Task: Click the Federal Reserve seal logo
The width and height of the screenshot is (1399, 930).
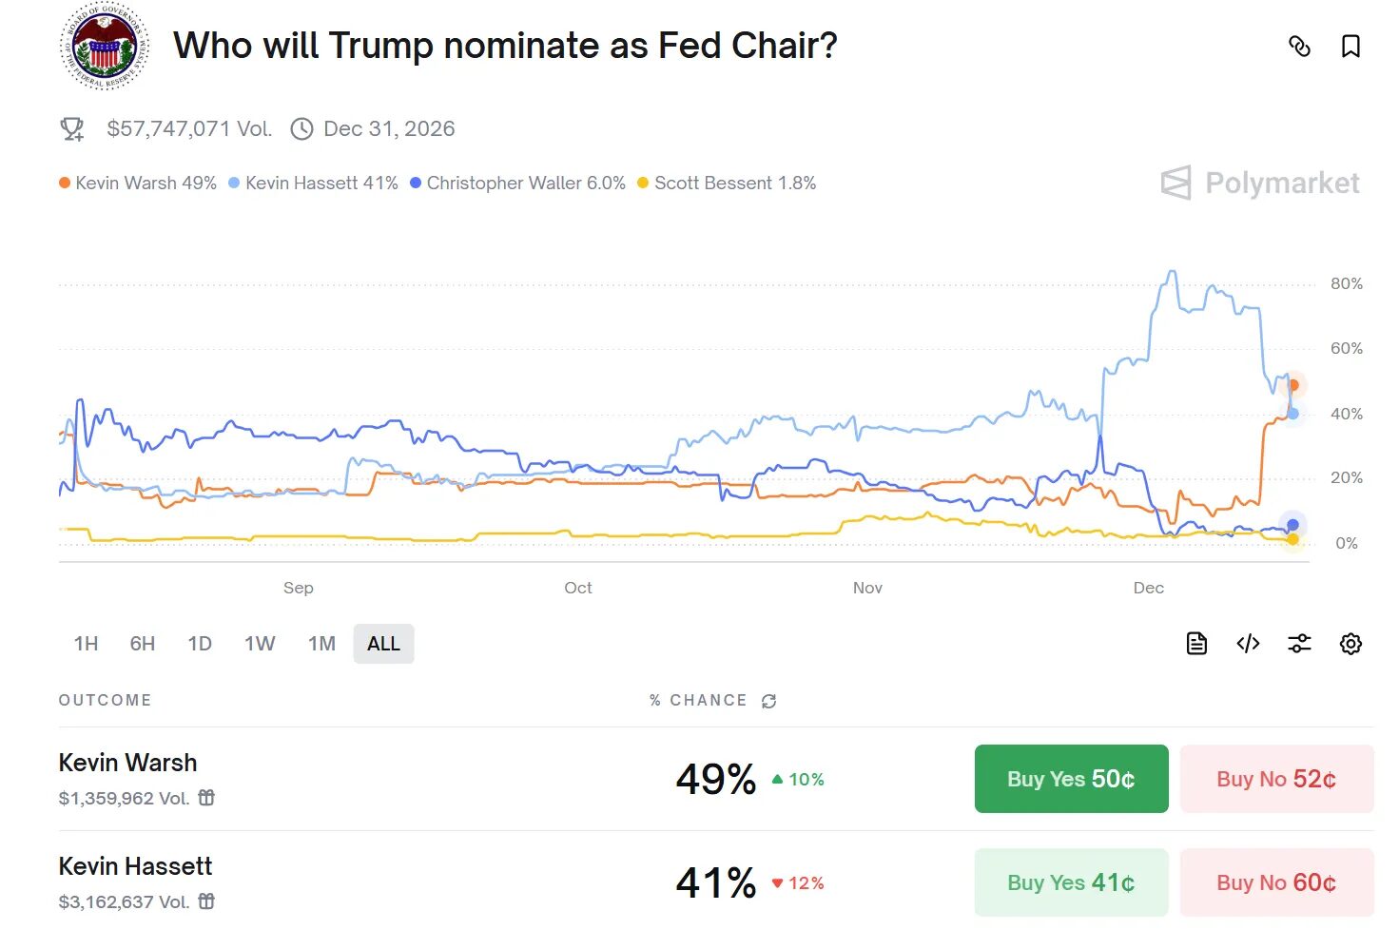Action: pyautogui.click(x=105, y=45)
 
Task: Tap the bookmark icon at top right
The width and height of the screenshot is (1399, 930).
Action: pyautogui.click(x=1350, y=46)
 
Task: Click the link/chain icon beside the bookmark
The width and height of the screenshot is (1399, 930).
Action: pyautogui.click(x=1299, y=46)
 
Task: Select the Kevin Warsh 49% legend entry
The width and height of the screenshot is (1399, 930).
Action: pyautogui.click(x=138, y=183)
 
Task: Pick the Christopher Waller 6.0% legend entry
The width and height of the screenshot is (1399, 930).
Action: pyautogui.click(x=517, y=183)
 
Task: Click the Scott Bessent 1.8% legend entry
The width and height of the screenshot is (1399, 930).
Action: pyautogui.click(x=727, y=183)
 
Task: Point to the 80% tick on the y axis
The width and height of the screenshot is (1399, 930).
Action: pyautogui.click(x=1346, y=283)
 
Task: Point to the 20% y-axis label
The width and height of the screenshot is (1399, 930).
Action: pyautogui.click(x=1346, y=477)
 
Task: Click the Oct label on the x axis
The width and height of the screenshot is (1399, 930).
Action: pyautogui.click(x=577, y=588)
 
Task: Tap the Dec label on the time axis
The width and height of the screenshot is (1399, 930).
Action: pyautogui.click(x=1148, y=588)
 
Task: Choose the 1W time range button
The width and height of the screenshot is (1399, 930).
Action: pyautogui.click(x=260, y=644)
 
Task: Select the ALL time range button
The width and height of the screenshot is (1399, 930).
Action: pyautogui.click(x=383, y=644)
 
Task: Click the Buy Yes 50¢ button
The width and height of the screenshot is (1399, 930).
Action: pyautogui.click(x=1071, y=779)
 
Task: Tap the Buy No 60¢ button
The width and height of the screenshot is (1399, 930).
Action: pyautogui.click(x=1276, y=882)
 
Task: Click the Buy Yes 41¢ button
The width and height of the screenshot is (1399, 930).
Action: pyautogui.click(x=1071, y=882)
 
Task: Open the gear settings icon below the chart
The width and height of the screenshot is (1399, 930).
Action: pyautogui.click(x=1350, y=644)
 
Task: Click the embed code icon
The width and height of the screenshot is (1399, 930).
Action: pyautogui.click(x=1248, y=644)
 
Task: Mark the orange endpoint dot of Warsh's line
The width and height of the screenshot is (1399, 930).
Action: pyautogui.click(x=1292, y=385)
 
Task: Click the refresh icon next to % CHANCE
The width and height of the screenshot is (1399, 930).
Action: pyautogui.click(x=768, y=701)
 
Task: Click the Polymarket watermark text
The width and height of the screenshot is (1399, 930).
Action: pyautogui.click(x=1281, y=183)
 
